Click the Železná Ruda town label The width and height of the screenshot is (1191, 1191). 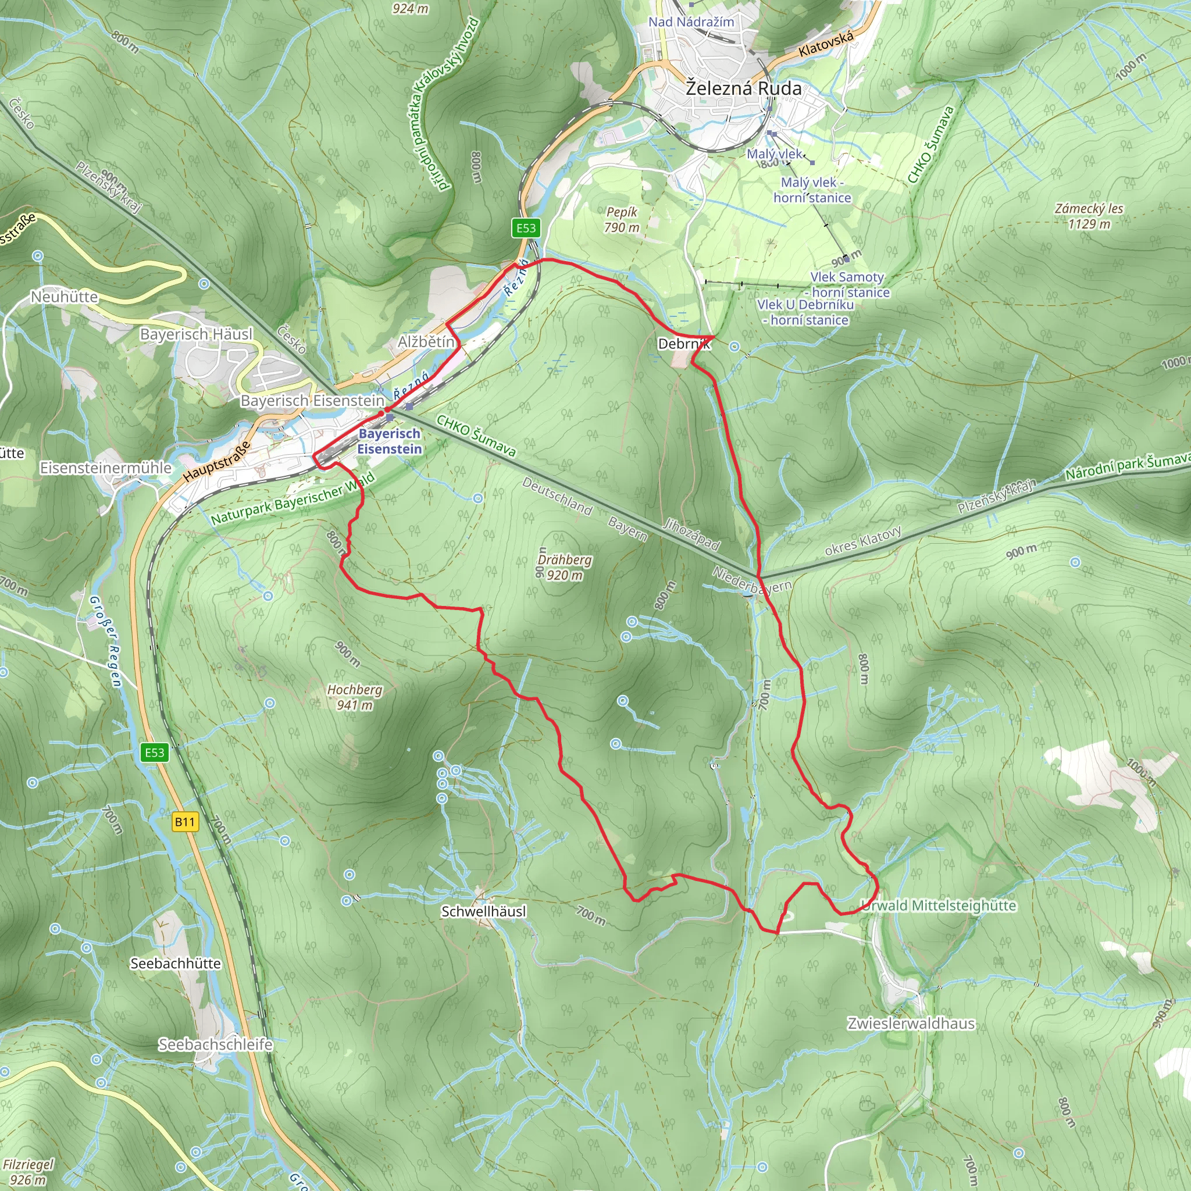(743, 89)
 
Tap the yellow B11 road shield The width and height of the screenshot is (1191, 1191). (185, 822)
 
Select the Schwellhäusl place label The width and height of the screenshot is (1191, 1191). (484, 911)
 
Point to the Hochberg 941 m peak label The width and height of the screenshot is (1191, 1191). (355, 697)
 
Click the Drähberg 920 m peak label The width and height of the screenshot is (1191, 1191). (564, 567)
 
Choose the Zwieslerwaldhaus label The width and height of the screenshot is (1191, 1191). (911, 1024)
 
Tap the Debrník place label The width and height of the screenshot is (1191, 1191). (684, 344)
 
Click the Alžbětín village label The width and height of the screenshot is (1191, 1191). (426, 341)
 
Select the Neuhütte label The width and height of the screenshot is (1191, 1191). (65, 297)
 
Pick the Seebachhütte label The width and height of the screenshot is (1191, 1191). (176, 964)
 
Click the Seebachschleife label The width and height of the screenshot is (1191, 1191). (215, 1044)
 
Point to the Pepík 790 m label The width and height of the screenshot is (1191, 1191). (622, 219)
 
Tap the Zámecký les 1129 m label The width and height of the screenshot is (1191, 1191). (1089, 216)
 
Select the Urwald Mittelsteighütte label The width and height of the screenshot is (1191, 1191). (938, 905)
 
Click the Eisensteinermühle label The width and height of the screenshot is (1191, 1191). (105, 468)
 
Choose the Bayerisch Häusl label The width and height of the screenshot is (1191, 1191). (196, 334)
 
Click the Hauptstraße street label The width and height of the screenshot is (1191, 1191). (217, 461)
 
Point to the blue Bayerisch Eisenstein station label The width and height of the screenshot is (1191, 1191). (390, 441)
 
